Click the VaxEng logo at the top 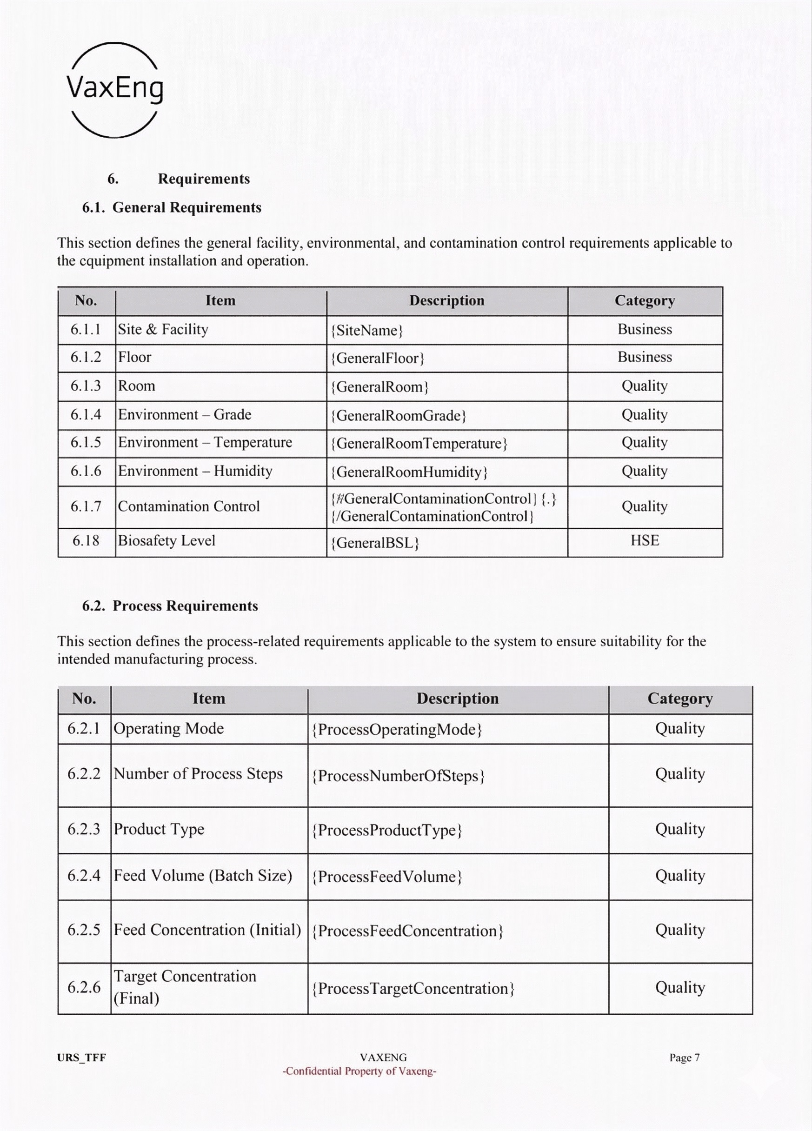[x=115, y=90]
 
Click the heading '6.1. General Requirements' [x=172, y=207]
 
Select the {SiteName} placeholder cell [x=367, y=331]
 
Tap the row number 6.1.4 [x=86, y=414]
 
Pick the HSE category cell [x=645, y=540]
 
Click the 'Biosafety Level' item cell [x=166, y=540]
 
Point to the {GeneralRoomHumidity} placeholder [x=409, y=472]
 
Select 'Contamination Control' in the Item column [x=188, y=506]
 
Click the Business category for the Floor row [x=645, y=357]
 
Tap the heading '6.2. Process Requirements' [x=170, y=606]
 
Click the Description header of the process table [x=457, y=699]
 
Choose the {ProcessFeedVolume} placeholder [x=387, y=877]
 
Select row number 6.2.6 [x=84, y=987]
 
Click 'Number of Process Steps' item [x=198, y=774]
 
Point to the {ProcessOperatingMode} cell [x=397, y=730]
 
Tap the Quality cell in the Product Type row [x=680, y=829]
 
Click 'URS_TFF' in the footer [x=81, y=1058]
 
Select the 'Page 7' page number [x=684, y=1058]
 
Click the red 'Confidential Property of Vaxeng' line [x=359, y=1071]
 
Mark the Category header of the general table [x=645, y=301]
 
